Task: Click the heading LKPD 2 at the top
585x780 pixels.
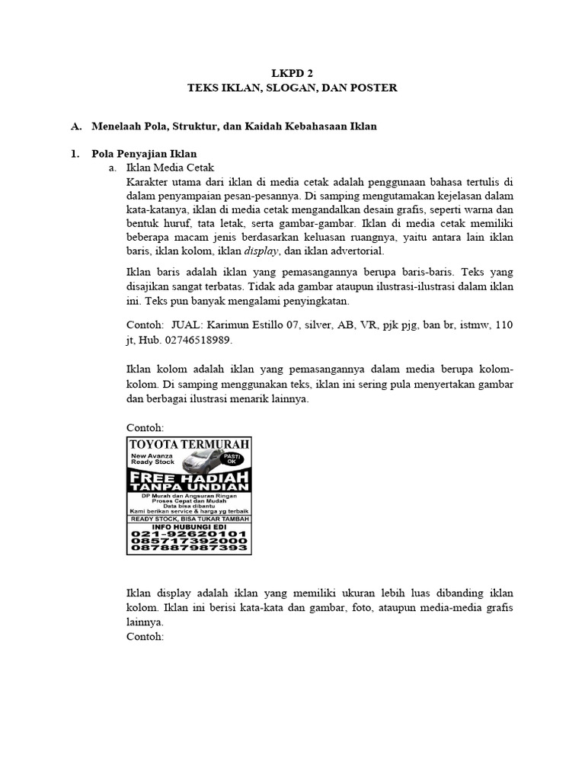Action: click(292, 73)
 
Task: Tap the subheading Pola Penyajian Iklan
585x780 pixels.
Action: click(144, 154)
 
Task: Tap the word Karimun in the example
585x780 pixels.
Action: click(229, 324)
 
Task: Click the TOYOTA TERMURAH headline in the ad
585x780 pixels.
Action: click(189, 445)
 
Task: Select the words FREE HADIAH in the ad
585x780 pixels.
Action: click(189, 475)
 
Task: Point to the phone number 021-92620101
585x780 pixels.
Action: click(189, 534)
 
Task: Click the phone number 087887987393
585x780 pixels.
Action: click(189, 548)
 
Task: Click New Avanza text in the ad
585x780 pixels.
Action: click(152, 455)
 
